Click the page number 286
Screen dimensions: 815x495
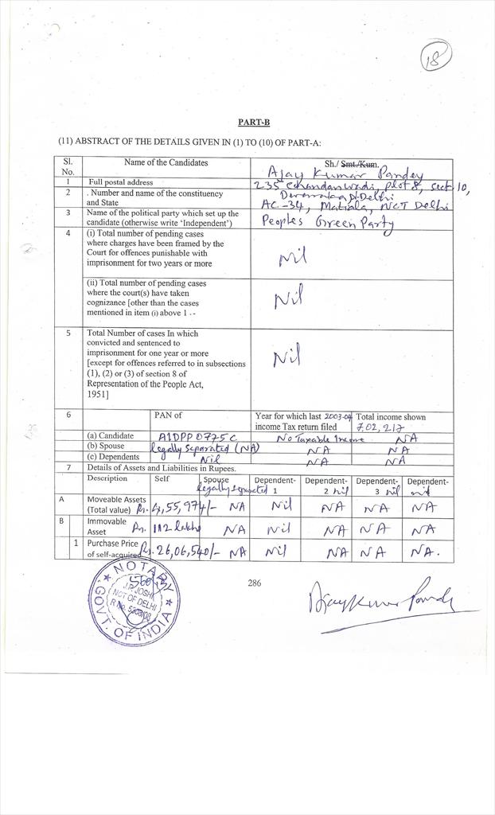click(254, 583)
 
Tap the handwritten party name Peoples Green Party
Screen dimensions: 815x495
click(328, 224)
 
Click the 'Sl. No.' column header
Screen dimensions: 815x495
click(68, 166)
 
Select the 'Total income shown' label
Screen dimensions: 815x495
click(392, 416)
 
